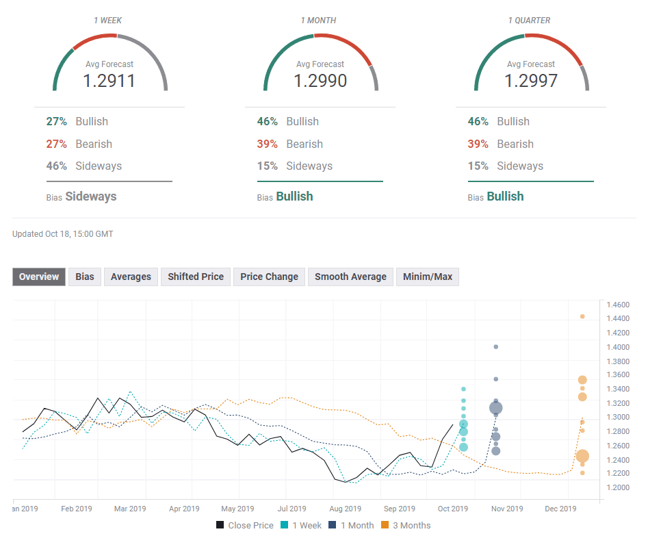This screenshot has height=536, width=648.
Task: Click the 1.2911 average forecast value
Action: [109, 81]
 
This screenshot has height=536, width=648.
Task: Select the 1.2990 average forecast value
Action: [320, 81]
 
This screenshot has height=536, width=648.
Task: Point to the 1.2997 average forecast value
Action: [531, 81]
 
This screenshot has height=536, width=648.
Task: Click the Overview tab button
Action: [39, 277]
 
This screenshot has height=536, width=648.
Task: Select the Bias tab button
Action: [85, 277]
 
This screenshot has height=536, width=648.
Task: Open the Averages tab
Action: [131, 277]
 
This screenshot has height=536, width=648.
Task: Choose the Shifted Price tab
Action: [196, 277]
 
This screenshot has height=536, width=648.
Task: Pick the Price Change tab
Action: [269, 277]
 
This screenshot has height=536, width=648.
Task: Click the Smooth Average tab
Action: [350, 277]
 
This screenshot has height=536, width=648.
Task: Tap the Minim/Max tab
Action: [427, 277]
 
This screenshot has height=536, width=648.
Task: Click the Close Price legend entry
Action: [244, 525]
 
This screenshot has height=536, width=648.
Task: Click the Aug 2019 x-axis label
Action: [345, 509]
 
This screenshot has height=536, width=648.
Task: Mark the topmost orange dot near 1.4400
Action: [582, 316]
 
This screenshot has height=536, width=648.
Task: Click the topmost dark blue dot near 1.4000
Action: [495, 347]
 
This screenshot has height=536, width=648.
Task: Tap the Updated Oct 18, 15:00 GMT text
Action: [63, 234]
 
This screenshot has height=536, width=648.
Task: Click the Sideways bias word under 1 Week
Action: [91, 196]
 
